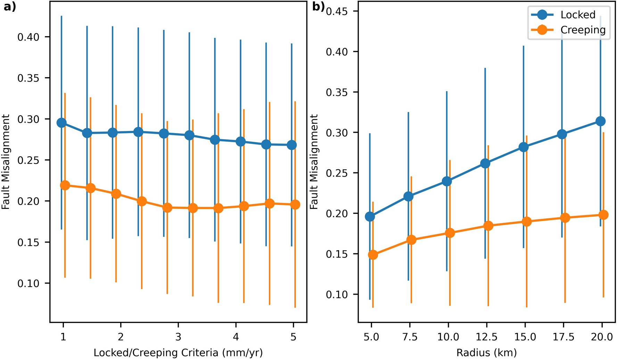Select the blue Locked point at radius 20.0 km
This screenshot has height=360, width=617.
click(x=600, y=121)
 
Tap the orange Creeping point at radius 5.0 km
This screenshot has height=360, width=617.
click(x=373, y=255)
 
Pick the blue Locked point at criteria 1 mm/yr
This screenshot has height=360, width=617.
click(x=61, y=123)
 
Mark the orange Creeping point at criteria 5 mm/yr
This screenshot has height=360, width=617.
click(x=295, y=204)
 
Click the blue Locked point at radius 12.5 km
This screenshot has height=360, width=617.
click(x=485, y=163)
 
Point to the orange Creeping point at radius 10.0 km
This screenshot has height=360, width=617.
click(x=450, y=233)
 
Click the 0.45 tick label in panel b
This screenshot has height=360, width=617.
click(x=336, y=11)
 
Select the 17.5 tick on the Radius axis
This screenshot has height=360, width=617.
click(x=563, y=337)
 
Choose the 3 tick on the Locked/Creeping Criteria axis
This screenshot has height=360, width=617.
click(x=178, y=337)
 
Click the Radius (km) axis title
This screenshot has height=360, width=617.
click(x=486, y=353)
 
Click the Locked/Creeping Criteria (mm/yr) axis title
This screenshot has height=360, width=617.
click(x=178, y=353)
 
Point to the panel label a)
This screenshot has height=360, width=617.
click(x=10, y=7)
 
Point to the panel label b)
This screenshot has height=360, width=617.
click(x=318, y=7)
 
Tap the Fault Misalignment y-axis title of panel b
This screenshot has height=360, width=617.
click(x=314, y=162)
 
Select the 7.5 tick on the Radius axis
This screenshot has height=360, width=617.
click(x=410, y=337)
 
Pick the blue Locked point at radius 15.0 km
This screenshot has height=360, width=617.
click(x=524, y=147)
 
